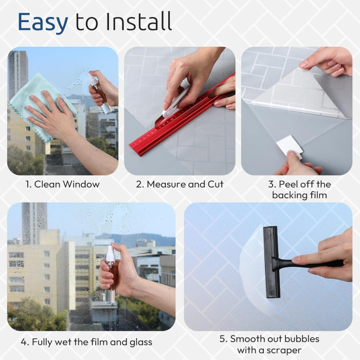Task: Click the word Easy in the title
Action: point(43,22)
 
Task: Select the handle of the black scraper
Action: point(309,263)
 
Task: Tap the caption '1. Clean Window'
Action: point(62,184)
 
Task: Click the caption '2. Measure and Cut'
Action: point(179,184)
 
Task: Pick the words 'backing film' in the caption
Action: point(299,195)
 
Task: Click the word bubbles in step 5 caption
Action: point(299,338)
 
